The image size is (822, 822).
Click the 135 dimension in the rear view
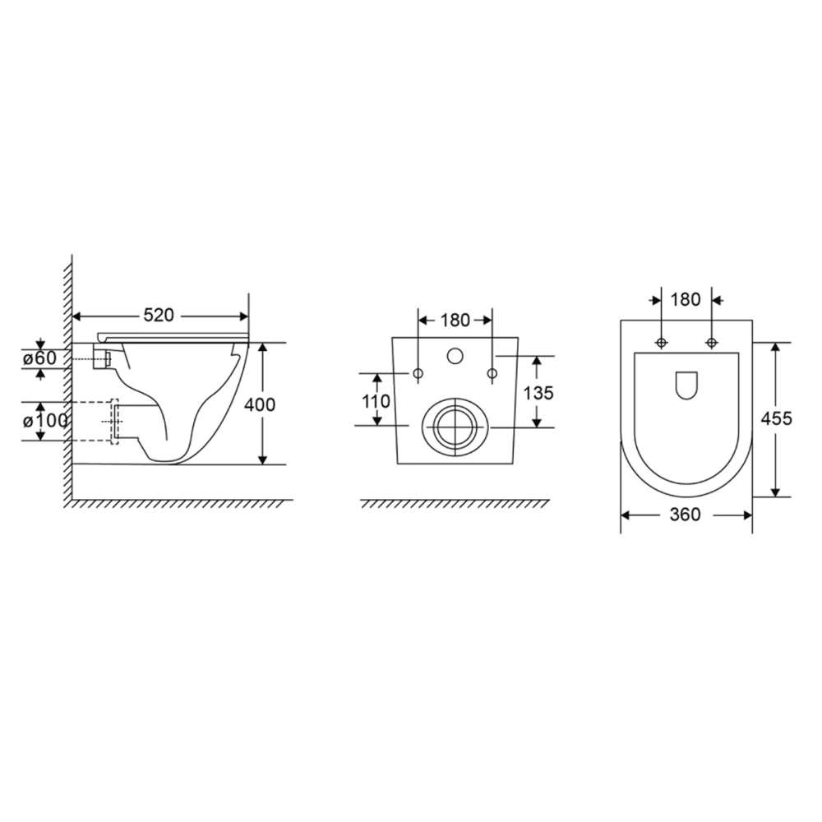538,392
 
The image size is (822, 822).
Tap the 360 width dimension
685,515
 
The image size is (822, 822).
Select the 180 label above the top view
686,299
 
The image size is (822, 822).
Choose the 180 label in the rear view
455,320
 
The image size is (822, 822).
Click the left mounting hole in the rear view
418,375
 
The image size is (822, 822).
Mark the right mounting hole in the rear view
492,375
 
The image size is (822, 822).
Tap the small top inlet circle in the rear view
455,357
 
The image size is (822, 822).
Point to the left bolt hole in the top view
661,342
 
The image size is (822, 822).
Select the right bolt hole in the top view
711,342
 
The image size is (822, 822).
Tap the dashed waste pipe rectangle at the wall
114,422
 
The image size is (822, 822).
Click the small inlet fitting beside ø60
103,359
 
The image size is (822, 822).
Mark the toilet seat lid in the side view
173,335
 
